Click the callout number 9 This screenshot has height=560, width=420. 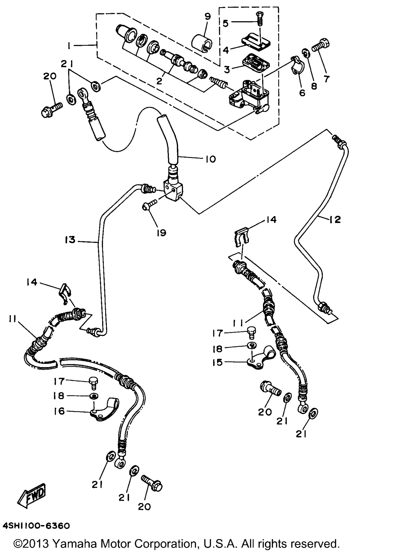pos(208,17)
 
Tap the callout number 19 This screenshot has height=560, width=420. pos(162,233)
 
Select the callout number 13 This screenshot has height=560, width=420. pos(70,240)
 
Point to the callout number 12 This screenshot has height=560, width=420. pos(335,219)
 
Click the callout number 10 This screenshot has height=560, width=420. pos(211,159)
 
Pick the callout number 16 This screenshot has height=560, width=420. pos(59,411)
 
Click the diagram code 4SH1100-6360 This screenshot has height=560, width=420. pos(36,526)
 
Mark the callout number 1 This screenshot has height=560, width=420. pos(69,46)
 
